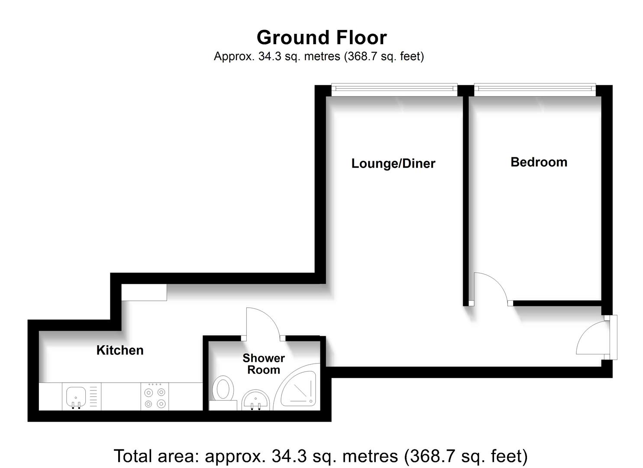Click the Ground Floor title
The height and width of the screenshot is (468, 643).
[x=321, y=38]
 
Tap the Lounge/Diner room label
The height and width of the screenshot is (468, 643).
[x=393, y=163]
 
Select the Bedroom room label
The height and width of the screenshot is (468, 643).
[x=539, y=162]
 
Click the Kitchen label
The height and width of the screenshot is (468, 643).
[x=120, y=350]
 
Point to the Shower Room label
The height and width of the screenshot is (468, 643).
[x=263, y=364]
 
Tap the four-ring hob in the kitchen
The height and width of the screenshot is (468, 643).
[x=155, y=397]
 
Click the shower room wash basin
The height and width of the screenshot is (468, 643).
[x=255, y=400]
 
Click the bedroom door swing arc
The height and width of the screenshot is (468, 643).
[x=494, y=286]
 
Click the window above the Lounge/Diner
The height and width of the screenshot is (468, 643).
[x=394, y=89]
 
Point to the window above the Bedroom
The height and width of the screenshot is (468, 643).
[x=535, y=89]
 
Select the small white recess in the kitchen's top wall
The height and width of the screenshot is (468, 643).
[x=144, y=292]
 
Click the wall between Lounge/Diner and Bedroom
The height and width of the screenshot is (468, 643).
[x=466, y=195]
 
